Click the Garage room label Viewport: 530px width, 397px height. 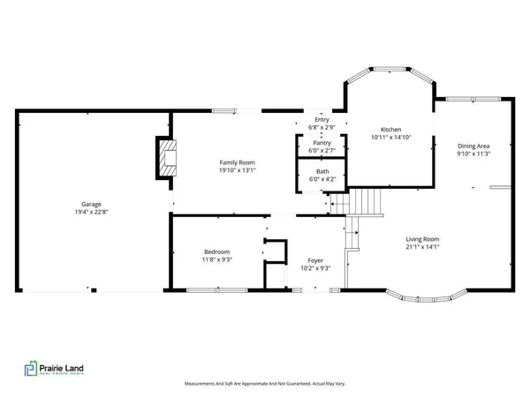(x=85, y=204)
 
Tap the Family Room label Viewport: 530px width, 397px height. (x=237, y=161)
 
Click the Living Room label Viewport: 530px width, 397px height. (x=422, y=238)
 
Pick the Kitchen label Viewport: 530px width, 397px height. (x=390, y=129)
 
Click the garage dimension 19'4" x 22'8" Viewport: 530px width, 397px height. (x=85, y=212)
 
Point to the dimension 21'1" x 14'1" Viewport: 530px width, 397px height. (x=422, y=246)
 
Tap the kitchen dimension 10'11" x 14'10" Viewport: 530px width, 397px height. (x=390, y=137)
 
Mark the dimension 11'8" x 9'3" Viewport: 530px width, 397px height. (x=216, y=259)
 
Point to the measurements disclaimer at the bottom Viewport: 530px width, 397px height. (x=264, y=384)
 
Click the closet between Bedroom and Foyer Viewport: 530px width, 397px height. (x=276, y=252)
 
